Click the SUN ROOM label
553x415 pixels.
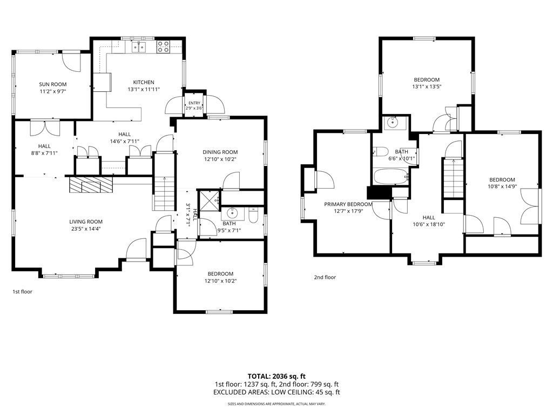52,84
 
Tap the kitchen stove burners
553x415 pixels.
163,47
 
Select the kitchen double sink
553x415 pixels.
139,47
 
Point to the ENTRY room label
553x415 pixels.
194,103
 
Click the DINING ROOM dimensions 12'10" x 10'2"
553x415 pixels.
220,159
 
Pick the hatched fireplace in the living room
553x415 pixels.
91,185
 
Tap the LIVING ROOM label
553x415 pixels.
86,222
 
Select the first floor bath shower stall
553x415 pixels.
209,201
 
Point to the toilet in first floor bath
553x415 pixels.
254,216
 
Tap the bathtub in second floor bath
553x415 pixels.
391,177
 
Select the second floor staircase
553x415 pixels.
453,178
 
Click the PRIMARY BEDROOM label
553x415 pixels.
348,204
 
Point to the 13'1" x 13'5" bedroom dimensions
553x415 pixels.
427,86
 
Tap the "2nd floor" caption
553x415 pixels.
325,277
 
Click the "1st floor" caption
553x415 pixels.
22,291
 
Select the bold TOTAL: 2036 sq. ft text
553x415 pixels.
276,376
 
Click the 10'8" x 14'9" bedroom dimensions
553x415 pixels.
502,186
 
